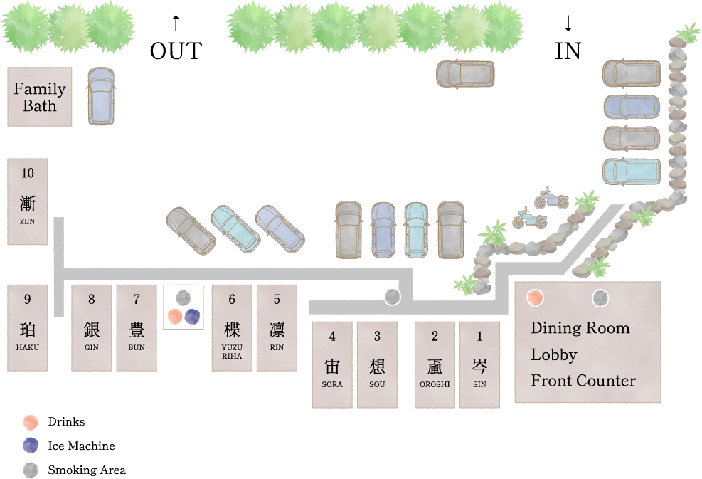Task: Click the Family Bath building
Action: (x=40, y=97)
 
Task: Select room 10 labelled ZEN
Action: (x=28, y=201)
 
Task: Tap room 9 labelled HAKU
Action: (x=28, y=327)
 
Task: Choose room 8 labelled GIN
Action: (x=92, y=327)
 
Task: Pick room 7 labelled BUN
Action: (x=137, y=327)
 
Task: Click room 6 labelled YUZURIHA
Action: (x=232, y=327)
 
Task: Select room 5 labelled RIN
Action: (x=277, y=327)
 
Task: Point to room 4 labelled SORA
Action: (x=332, y=364)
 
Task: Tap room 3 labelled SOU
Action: (x=377, y=364)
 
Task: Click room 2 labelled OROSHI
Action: (x=435, y=364)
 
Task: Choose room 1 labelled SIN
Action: (x=479, y=364)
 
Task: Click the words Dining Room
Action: (x=580, y=328)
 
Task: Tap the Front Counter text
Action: (x=583, y=381)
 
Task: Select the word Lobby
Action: (x=553, y=354)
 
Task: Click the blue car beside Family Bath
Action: (x=100, y=96)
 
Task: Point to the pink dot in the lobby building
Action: (x=536, y=298)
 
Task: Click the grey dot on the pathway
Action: (x=392, y=297)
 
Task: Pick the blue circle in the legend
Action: (x=30, y=446)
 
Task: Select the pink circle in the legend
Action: (x=30, y=422)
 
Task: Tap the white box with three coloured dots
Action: (x=184, y=307)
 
